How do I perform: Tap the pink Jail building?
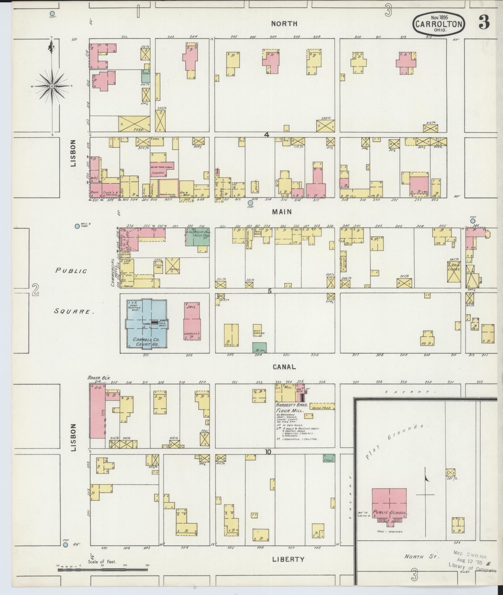pos(192,321)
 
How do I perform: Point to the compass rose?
pos(52,86)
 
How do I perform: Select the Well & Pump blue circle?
pos(77,226)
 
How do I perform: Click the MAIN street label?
pos(282,212)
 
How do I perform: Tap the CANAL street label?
pos(284,367)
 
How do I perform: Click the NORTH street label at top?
pos(284,23)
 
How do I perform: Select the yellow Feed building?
pos(134,124)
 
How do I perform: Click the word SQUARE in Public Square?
pos(74,311)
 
